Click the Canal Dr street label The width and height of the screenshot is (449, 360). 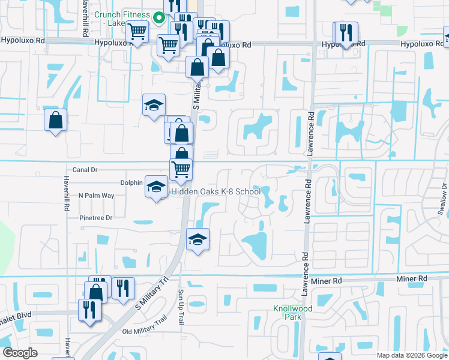[85, 170]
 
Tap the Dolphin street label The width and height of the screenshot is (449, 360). [131, 183]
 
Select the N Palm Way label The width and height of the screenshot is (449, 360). [96, 196]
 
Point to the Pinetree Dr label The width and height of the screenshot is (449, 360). [95, 218]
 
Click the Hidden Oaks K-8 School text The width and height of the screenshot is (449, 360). [216, 191]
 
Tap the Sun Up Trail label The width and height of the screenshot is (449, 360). [180, 306]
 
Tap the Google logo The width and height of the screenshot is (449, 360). [20, 353]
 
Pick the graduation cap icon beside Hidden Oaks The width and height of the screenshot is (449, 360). [156, 187]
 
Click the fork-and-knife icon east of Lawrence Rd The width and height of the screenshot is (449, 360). [346, 32]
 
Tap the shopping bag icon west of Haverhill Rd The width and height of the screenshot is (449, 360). [55, 120]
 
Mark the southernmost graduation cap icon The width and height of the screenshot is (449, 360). [197, 240]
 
